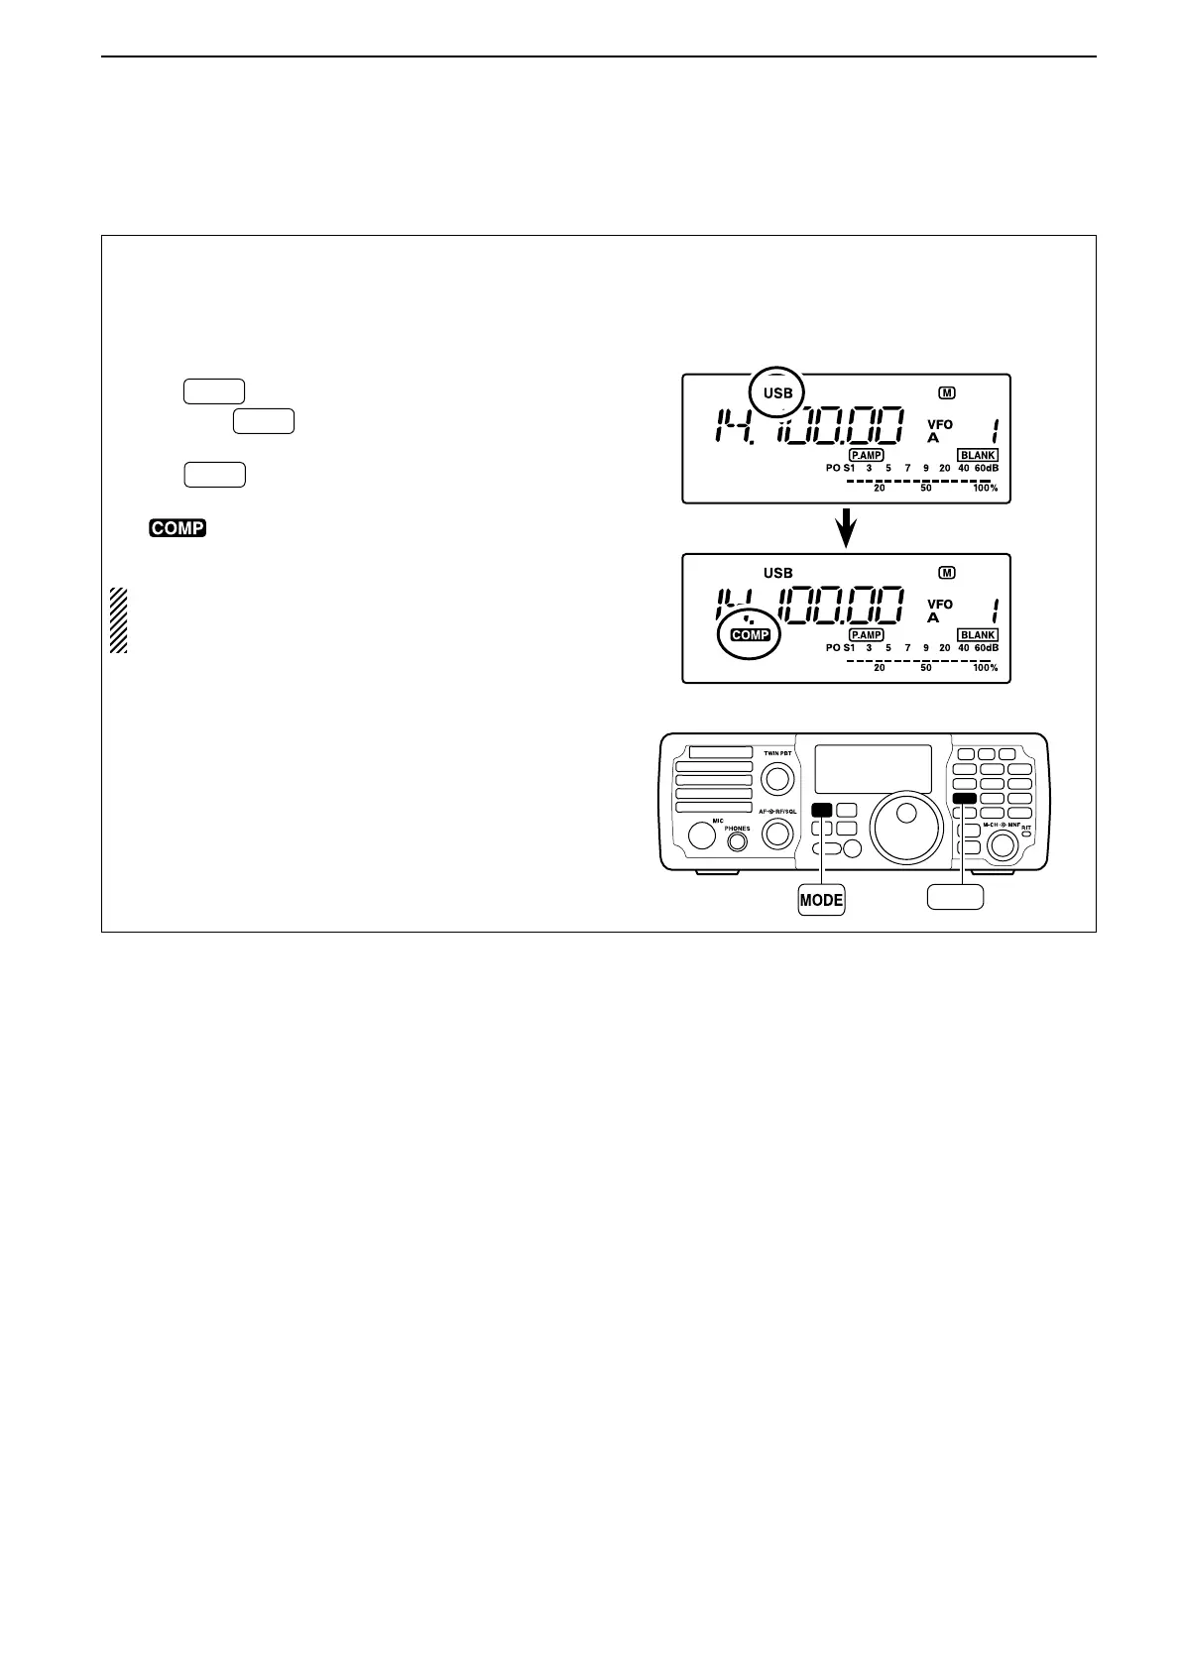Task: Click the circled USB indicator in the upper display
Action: click(778, 392)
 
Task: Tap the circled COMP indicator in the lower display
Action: click(750, 634)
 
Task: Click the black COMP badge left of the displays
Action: click(177, 528)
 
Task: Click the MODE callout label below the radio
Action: click(821, 900)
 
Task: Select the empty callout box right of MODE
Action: click(955, 897)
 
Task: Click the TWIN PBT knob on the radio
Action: click(777, 778)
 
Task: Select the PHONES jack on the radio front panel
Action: click(737, 842)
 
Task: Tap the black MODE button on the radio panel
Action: click(821, 809)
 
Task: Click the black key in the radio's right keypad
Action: click(965, 799)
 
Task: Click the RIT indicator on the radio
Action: click(1027, 831)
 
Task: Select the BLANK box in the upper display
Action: click(978, 456)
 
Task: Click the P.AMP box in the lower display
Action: click(866, 634)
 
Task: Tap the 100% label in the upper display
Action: click(985, 489)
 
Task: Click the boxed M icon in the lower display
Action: click(947, 573)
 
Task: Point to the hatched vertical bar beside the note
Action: click(118, 620)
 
